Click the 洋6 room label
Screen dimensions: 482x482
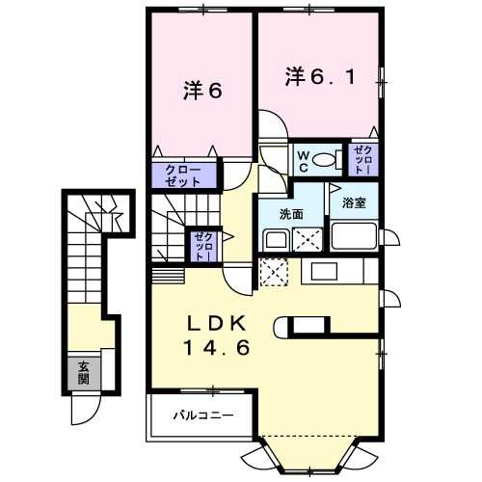tap(202, 91)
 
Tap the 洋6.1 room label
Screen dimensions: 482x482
tap(320, 76)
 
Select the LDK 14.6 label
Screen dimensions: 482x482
tap(217, 335)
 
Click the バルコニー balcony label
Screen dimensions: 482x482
tap(203, 415)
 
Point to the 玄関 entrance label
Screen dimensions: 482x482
tap(84, 373)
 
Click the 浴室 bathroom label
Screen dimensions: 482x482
tap(354, 202)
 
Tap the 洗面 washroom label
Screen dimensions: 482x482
tap(291, 214)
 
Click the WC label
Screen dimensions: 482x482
tap(304, 161)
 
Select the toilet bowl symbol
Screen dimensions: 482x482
tap(327, 159)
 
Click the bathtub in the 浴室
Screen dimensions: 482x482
tap(354, 236)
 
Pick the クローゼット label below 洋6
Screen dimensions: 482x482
tap(183, 175)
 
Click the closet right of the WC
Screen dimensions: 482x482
tap(363, 159)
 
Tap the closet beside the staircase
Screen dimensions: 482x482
tap(204, 246)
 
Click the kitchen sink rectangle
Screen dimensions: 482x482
tap(324, 271)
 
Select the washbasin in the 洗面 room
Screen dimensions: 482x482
tap(276, 240)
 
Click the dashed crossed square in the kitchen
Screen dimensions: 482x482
tap(273, 272)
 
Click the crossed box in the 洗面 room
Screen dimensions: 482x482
tap(308, 239)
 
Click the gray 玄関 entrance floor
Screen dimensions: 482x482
tap(84, 373)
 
